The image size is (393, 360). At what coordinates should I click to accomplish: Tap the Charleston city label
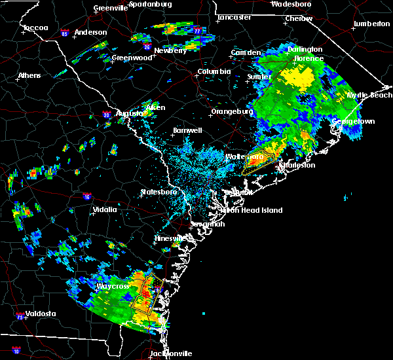point(299,165)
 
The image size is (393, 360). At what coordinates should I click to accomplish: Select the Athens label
point(29,75)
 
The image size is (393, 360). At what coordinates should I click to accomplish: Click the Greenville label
point(110,8)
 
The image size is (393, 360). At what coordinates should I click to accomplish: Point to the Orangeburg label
point(231,111)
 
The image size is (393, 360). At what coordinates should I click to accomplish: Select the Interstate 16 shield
point(87,196)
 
